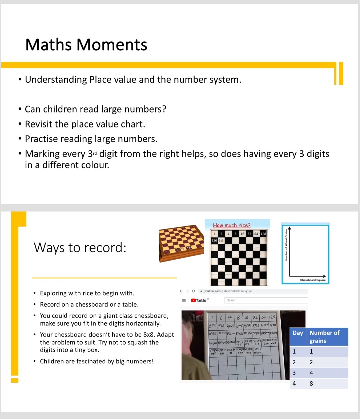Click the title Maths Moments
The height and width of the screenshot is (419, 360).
pyautogui.click(x=86, y=45)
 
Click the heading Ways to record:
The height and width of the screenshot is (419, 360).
pyautogui.click(x=80, y=248)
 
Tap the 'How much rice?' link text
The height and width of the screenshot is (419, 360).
pyautogui.click(x=232, y=226)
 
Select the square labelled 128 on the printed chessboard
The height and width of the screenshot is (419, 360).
pyautogui.click(x=263, y=234)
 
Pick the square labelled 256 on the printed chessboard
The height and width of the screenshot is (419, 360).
pyautogui.click(x=214, y=240)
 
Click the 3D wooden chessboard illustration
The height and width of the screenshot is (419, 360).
pyautogui.click(x=181, y=243)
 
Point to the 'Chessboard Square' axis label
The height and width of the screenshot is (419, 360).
pyautogui.click(x=313, y=280)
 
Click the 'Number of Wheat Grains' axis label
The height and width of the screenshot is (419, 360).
pyautogui.click(x=286, y=245)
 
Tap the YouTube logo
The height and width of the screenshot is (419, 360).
pyautogui.click(x=199, y=300)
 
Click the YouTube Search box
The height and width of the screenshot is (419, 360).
pyautogui.click(x=265, y=300)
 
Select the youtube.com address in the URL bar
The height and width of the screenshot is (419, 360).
pyautogui.click(x=228, y=291)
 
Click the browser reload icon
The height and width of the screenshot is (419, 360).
pyautogui.click(x=194, y=291)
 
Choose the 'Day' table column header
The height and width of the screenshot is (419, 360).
pyautogui.click(x=298, y=333)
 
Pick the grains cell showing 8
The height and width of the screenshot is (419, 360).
pyautogui.click(x=311, y=384)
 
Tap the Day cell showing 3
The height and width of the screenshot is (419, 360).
pyautogui.click(x=294, y=373)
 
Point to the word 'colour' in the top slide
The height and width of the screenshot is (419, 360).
pyautogui.click(x=94, y=165)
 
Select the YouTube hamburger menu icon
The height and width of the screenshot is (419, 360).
pyautogui.click(x=184, y=300)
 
